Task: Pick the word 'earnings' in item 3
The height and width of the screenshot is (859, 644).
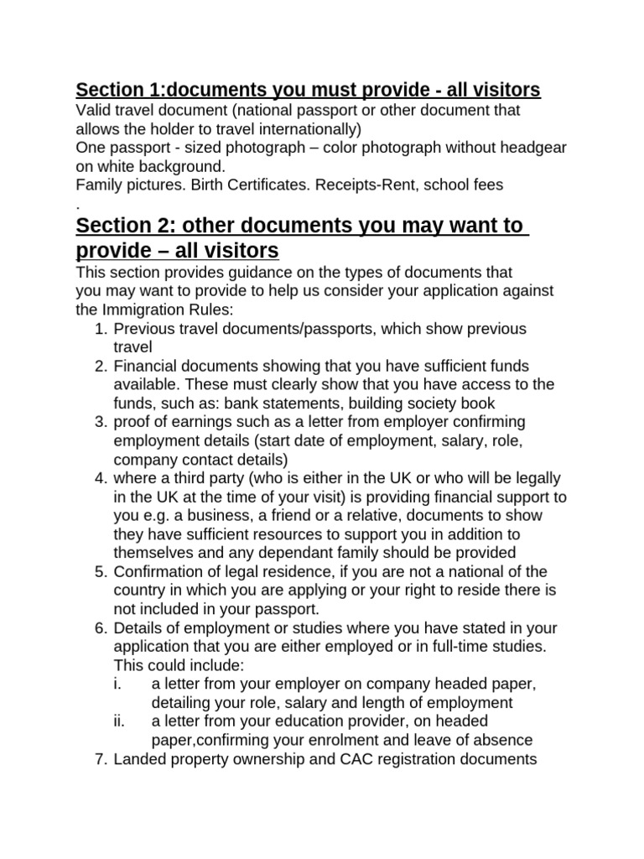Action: [190, 421]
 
